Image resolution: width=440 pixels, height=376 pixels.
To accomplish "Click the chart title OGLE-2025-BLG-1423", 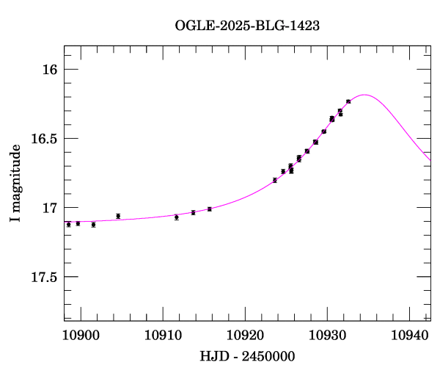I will [x=247, y=25].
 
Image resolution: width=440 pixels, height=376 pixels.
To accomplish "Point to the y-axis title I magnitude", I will [x=15, y=183].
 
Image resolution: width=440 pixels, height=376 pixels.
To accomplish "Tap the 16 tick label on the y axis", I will [x=49, y=70].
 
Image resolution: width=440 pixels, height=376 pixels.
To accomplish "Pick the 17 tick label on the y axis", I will [x=49, y=208].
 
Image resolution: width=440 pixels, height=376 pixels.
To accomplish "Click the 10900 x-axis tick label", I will [x=81, y=336].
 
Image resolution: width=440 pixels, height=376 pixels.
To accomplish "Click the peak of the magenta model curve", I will [x=364, y=95].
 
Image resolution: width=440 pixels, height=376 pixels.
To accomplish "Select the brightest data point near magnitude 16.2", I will [x=348, y=101].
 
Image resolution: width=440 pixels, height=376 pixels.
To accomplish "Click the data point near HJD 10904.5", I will [x=118, y=216].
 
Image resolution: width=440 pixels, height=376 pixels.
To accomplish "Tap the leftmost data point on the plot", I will [x=69, y=225].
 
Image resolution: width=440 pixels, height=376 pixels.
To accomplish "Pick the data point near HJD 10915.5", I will [x=209, y=209].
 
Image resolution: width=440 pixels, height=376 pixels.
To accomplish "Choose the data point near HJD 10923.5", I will [x=274, y=180].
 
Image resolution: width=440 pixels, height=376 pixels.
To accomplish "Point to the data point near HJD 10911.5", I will [x=177, y=217].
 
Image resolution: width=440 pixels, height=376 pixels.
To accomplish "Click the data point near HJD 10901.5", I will [x=93, y=225].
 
